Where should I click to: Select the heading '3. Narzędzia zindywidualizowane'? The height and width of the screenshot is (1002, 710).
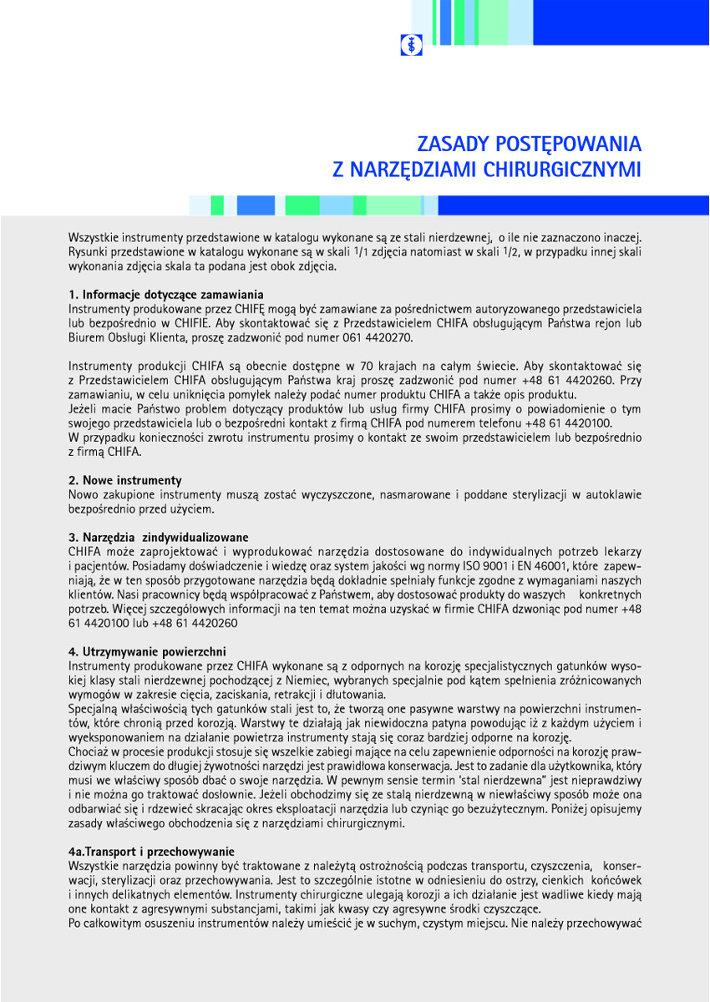tap(158, 536)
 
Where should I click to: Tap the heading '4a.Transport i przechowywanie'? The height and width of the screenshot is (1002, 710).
tap(151, 851)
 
